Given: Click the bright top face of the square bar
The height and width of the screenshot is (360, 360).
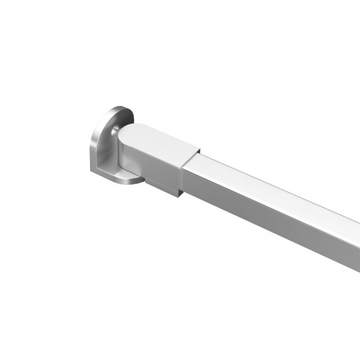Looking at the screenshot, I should pos(270,180).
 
